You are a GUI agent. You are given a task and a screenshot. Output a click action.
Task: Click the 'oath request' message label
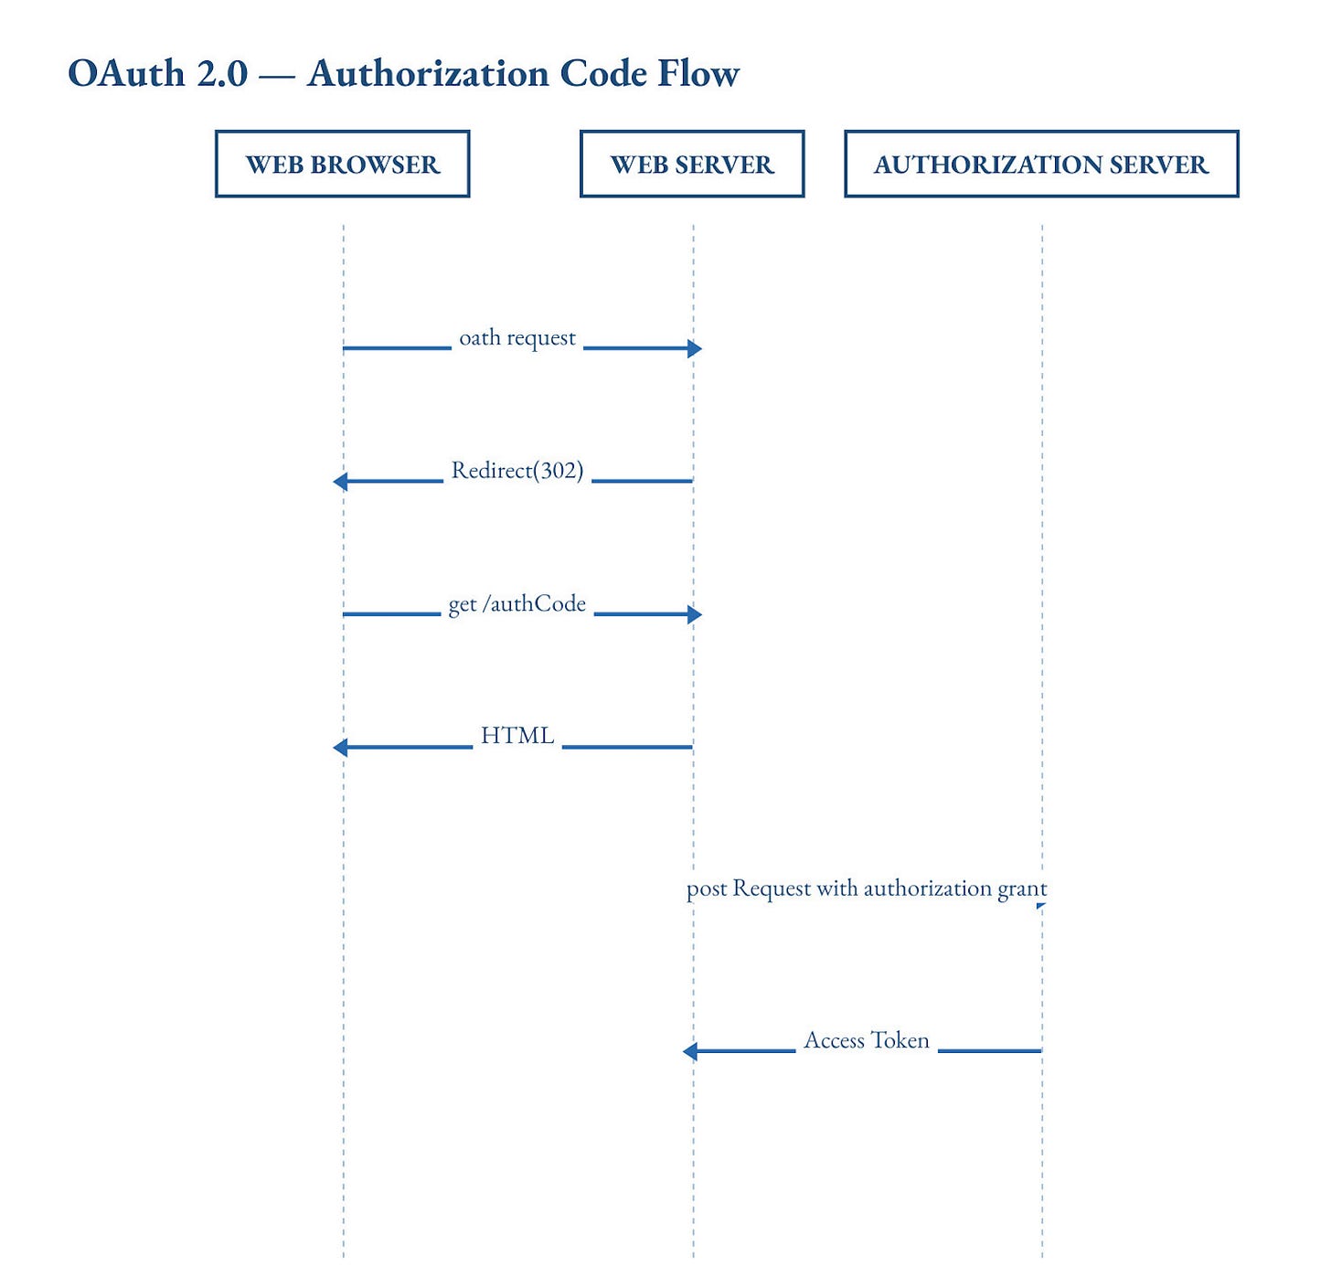517,338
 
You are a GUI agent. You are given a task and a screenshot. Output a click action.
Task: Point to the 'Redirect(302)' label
517,471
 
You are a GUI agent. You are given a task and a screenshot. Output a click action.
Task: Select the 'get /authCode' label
517,604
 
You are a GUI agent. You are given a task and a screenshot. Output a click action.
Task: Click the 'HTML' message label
517,736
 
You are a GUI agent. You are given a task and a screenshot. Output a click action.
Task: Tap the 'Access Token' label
866,1040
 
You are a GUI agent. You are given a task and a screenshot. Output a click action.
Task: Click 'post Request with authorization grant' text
867,889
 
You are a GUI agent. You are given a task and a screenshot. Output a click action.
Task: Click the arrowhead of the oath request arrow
695,348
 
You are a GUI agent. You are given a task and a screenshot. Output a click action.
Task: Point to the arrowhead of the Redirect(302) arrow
340,482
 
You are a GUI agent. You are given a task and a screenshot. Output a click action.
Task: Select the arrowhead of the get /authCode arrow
695,614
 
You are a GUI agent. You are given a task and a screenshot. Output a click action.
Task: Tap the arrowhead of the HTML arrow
340,748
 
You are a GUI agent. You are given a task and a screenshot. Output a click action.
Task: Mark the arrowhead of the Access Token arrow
689,1051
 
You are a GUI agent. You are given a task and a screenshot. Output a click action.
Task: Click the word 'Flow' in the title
698,73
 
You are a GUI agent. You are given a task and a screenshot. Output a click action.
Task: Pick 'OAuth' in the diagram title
126,73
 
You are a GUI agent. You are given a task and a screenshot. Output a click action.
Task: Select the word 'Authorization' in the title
428,73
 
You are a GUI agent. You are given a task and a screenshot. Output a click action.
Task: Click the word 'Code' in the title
603,73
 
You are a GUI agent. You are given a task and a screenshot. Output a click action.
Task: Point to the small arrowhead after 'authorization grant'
1042,906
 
